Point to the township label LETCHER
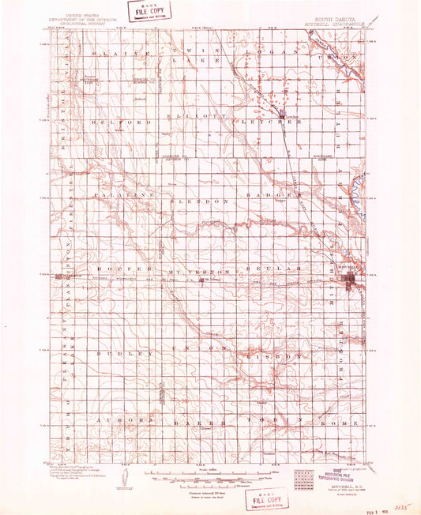click(x=263, y=124)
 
